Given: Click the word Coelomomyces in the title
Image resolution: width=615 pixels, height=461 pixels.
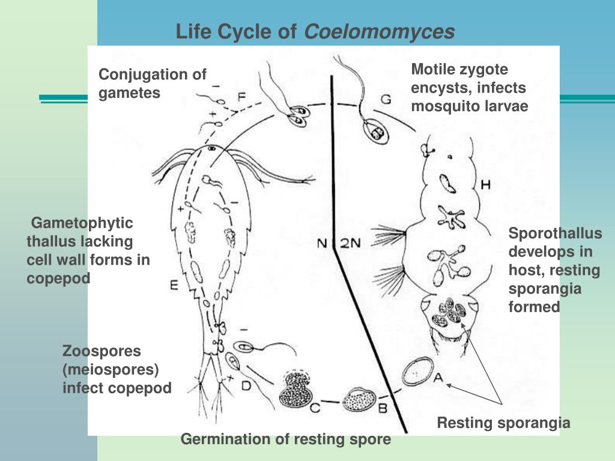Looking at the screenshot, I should [x=380, y=32].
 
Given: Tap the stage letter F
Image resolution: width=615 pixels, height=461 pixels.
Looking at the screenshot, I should [x=241, y=96].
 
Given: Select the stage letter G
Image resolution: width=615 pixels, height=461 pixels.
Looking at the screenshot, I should [x=386, y=98].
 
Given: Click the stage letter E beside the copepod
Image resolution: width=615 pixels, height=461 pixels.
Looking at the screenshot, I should [x=174, y=286].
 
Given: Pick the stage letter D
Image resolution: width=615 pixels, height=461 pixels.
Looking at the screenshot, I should [x=246, y=385].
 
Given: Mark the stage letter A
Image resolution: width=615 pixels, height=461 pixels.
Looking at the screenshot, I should [x=438, y=377].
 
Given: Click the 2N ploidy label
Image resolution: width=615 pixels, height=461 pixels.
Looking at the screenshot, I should [x=351, y=243].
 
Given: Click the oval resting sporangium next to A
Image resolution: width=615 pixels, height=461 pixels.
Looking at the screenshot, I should [x=417, y=372].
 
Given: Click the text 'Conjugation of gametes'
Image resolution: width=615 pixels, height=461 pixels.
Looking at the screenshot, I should [x=153, y=83].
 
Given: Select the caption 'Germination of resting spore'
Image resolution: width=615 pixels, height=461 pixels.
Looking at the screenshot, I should [x=286, y=439].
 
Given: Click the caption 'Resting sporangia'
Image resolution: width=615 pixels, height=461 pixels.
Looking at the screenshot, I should [x=503, y=423].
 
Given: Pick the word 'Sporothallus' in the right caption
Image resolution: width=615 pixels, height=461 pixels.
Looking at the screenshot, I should [x=555, y=234].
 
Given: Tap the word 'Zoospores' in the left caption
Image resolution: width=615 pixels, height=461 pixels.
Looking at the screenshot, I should [x=101, y=351].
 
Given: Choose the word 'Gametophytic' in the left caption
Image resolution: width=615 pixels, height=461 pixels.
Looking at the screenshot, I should [x=82, y=223].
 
